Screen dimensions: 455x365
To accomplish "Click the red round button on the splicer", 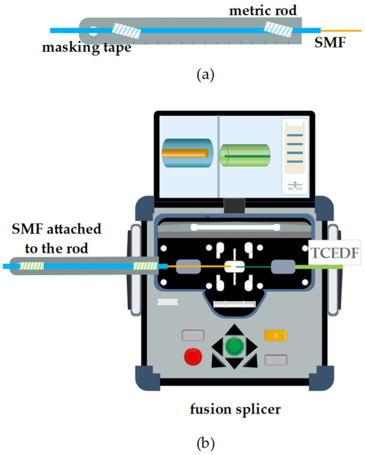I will (x=193, y=355).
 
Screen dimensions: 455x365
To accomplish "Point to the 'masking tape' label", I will (x=74, y=48).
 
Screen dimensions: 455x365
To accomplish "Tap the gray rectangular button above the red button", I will (x=192, y=335).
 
